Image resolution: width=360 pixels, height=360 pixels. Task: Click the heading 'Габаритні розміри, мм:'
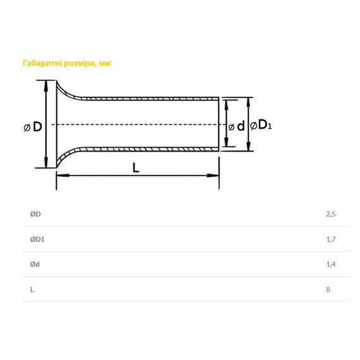coord(67,63)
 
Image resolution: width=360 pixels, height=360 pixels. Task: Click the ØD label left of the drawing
coord(33,127)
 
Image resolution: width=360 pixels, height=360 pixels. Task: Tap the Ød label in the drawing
coord(237,126)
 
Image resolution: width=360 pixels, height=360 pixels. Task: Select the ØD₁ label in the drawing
coord(261,125)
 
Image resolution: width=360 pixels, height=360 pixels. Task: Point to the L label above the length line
coord(136,167)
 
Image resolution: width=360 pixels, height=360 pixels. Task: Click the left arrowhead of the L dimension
coord(63,176)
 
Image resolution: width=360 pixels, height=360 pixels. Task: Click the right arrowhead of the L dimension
coord(213,176)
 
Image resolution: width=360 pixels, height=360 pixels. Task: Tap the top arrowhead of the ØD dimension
coord(46,87)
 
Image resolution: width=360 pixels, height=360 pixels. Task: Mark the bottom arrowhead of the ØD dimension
coord(46,162)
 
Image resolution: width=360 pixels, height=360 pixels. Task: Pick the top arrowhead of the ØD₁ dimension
coord(248,104)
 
